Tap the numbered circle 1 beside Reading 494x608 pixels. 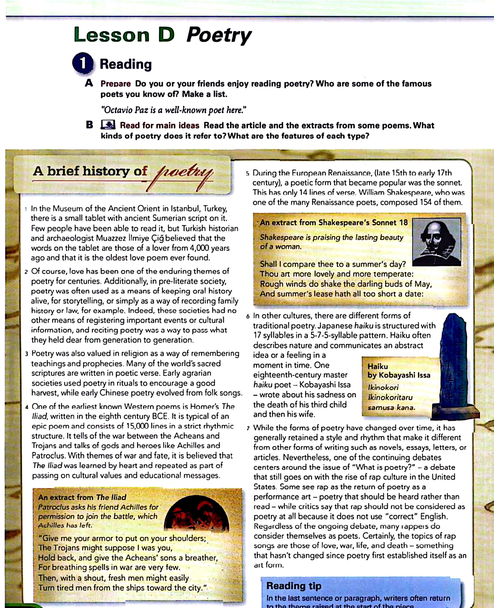click(82, 63)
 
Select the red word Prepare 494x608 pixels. click(115, 84)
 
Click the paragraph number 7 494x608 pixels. click(248, 428)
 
